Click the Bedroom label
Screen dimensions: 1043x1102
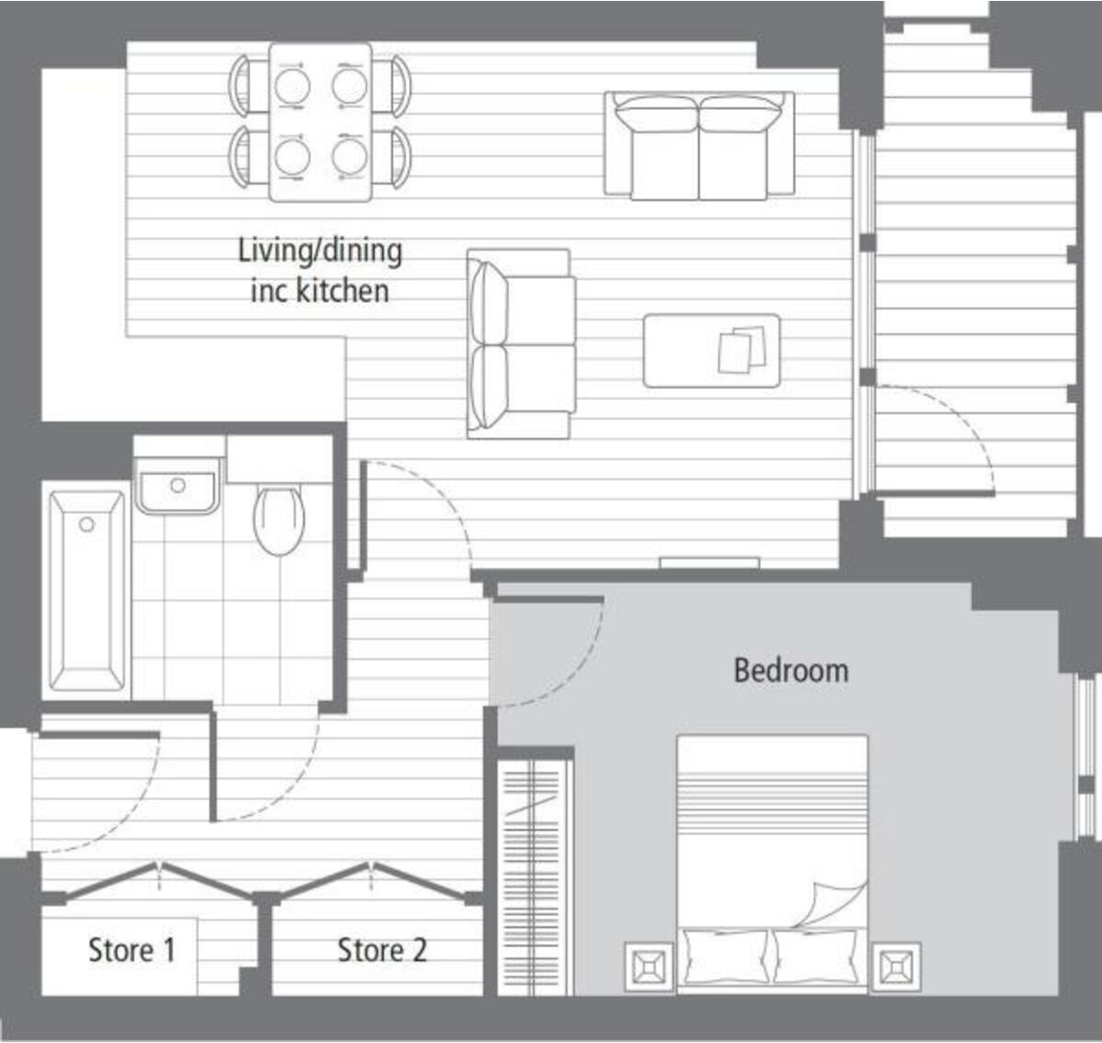pos(791,670)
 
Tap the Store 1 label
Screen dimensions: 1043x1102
pos(131,950)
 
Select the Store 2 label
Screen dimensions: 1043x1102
pos(382,950)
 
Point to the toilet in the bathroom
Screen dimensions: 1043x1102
pos(278,519)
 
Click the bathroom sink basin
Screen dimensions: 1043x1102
pos(177,486)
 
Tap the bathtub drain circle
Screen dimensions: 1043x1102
pos(86,524)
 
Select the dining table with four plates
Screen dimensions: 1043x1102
pos(320,121)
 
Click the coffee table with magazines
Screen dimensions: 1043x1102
pos(712,351)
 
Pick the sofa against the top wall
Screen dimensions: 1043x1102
pos(699,145)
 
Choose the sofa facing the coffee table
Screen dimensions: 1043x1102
pos(521,343)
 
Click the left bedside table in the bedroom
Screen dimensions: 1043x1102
pos(649,967)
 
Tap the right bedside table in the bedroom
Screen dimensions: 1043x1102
pos(895,967)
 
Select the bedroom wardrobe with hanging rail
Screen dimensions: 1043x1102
pos(534,876)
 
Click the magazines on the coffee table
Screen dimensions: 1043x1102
pos(742,351)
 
